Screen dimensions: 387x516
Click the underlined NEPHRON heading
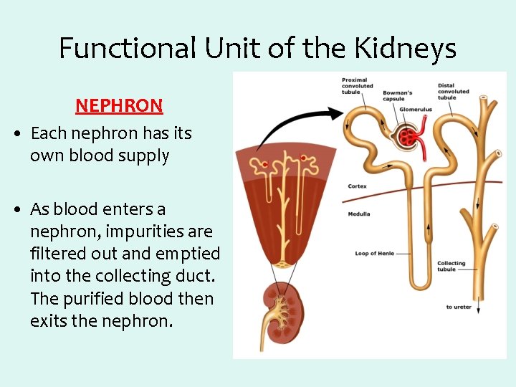[x=119, y=105]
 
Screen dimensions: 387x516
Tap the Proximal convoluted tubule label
[x=357, y=86]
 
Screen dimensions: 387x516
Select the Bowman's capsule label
[x=397, y=95]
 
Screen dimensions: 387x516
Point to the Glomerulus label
[x=416, y=110]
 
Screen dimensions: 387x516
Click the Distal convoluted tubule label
[x=453, y=91]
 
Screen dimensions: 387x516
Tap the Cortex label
[x=357, y=186]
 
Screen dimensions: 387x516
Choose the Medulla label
[x=359, y=214]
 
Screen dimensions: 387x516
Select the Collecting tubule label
[x=451, y=267]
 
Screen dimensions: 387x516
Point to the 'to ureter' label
[x=459, y=307]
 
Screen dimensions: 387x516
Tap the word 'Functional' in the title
[x=126, y=49]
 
